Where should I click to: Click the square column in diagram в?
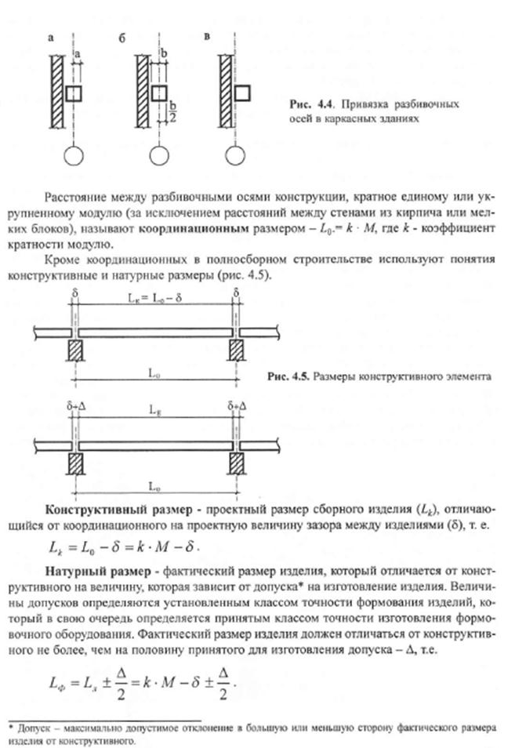point(242,93)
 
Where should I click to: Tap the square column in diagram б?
point(158,93)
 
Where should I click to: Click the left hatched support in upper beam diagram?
point(74,349)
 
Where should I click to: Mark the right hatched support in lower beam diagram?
point(234,460)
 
